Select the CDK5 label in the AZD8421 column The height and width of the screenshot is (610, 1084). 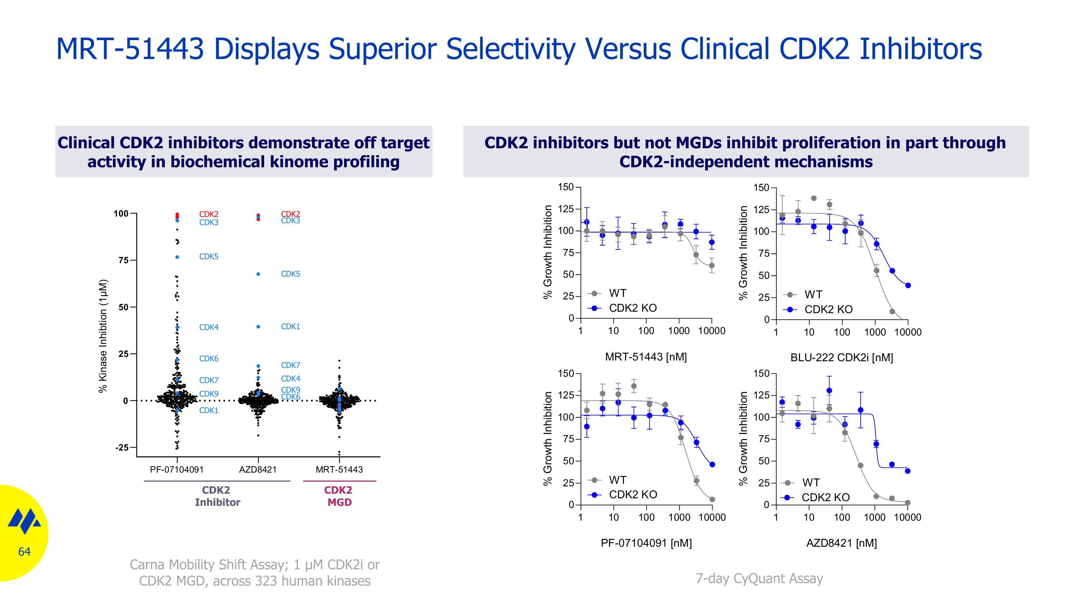pos(291,274)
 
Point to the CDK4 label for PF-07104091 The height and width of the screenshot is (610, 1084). pos(209,327)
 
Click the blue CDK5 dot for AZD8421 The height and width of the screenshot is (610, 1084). pos(258,274)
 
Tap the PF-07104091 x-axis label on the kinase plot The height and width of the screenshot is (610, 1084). pos(177,469)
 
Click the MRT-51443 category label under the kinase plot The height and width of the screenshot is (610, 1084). pos(339,469)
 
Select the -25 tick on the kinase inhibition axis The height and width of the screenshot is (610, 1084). pos(122,448)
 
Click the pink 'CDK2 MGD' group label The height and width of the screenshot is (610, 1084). pos(339,496)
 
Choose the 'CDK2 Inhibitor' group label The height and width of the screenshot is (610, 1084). pos(217,496)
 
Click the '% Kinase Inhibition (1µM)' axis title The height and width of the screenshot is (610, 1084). pos(103,336)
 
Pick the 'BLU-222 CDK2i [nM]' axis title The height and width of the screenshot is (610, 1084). pos(842,357)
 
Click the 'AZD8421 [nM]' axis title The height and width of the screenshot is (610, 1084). pos(842,543)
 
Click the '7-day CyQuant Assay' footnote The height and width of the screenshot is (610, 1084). pos(759,579)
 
